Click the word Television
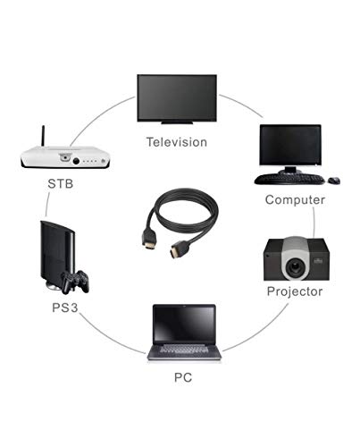177,142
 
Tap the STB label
61,183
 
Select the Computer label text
295,199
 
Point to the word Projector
295,291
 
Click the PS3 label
65,308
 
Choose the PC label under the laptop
183,377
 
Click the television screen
177,97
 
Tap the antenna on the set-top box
43,136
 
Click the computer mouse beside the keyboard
334,181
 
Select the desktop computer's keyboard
289,179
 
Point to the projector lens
295,266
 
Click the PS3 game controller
75,282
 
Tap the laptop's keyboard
184,349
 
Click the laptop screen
184,324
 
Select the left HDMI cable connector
149,240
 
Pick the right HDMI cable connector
178,249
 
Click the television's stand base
177,122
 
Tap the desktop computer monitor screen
290,145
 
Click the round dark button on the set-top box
76,161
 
